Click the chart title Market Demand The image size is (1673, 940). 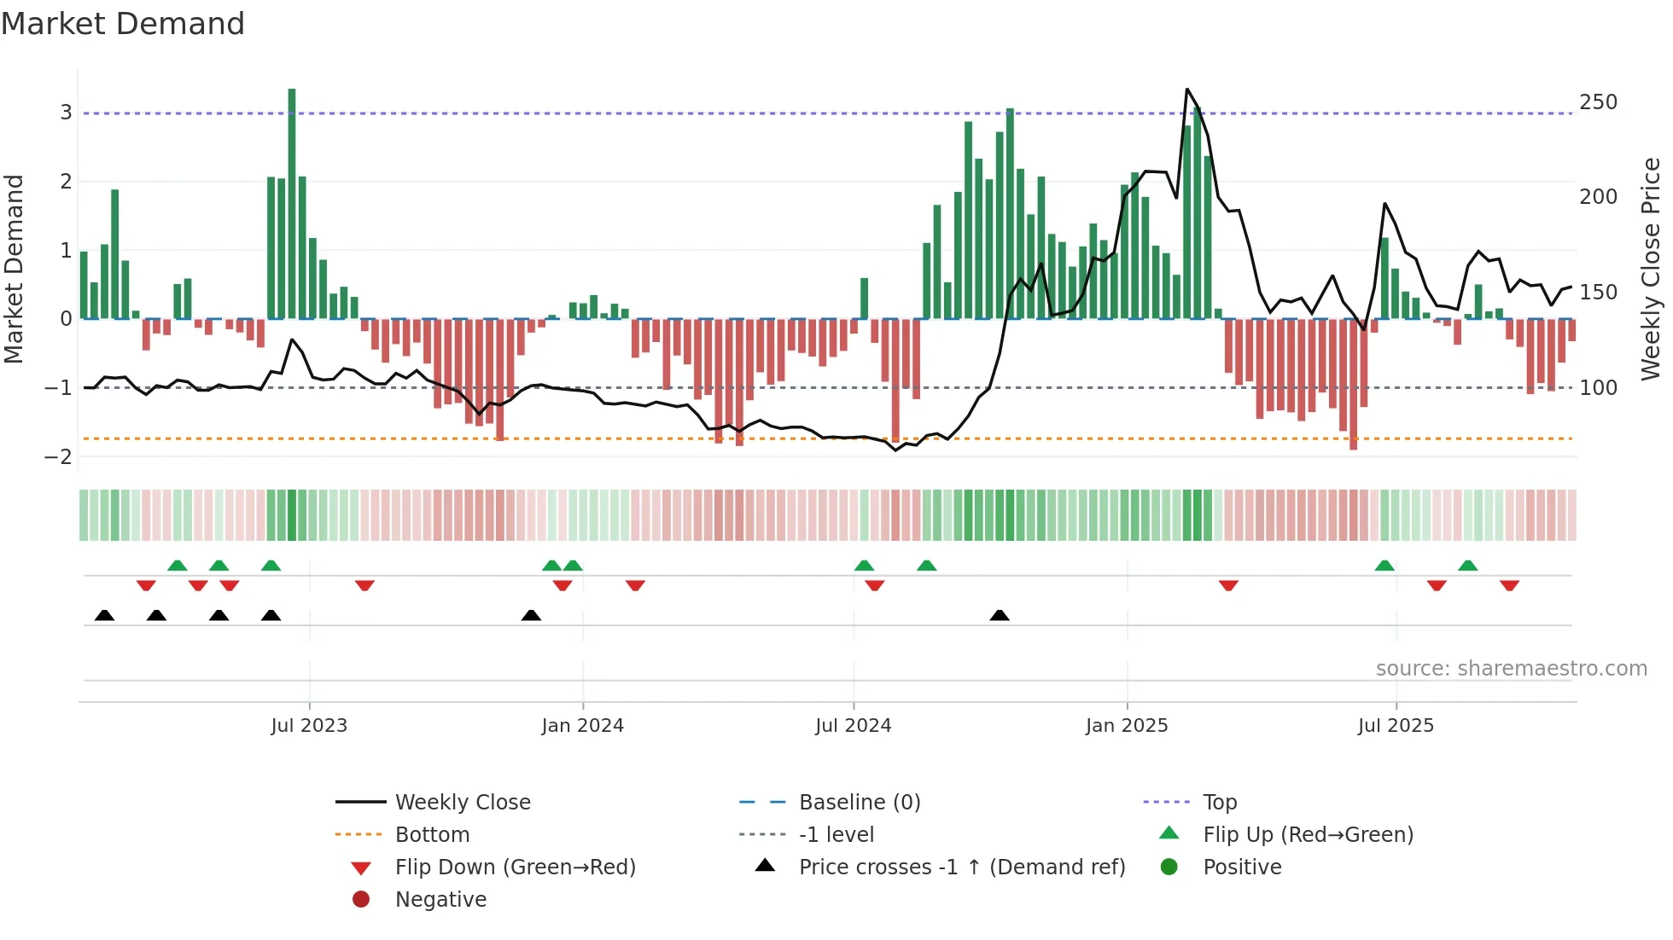tap(123, 24)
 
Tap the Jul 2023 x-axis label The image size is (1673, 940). tap(309, 726)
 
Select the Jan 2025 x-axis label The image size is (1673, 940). tap(1127, 726)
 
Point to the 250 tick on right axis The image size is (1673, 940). tap(1598, 102)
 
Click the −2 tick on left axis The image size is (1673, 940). tap(58, 457)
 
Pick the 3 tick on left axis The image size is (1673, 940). tap(66, 113)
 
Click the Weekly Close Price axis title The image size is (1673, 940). tap(1651, 269)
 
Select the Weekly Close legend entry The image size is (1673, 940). tap(462, 803)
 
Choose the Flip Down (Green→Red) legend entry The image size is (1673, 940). tap(515, 867)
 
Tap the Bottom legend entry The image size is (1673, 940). tap(432, 835)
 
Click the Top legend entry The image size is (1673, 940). tap(1220, 803)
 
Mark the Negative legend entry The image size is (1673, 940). tap(440, 900)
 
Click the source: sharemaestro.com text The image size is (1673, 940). tap(1511, 669)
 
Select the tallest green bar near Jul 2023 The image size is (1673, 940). tap(292, 205)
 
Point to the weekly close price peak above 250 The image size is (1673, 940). tap(1187, 90)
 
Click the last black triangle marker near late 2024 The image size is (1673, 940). tap(1000, 615)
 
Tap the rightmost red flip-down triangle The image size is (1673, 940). tap(1509, 585)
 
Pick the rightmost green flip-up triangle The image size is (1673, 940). tap(1468, 566)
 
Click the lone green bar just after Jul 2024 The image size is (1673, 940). tap(864, 299)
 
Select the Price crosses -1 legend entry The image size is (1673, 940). tap(961, 867)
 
